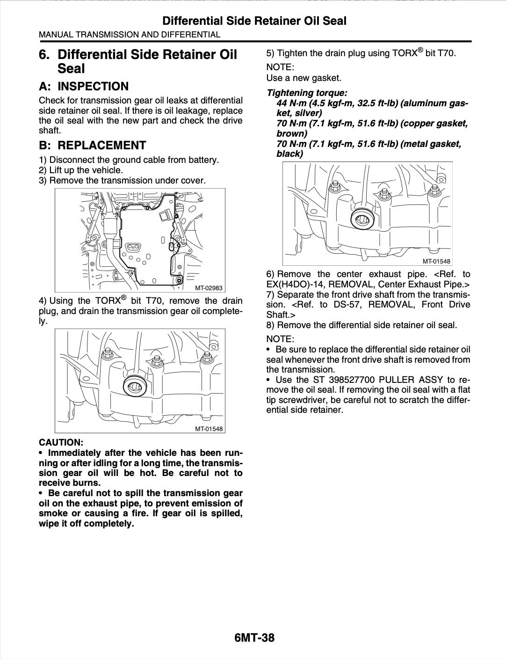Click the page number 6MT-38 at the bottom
(x=254, y=637)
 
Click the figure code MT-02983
(x=209, y=288)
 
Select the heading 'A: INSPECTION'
(x=83, y=87)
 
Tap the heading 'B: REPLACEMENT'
(x=92, y=145)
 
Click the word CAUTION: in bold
(x=61, y=442)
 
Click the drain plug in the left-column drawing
(x=137, y=385)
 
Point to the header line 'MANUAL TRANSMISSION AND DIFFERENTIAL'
(x=130, y=35)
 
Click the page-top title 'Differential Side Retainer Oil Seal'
(x=254, y=21)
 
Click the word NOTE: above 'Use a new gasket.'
(x=280, y=67)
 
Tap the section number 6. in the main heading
(x=44, y=55)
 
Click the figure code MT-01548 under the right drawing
(x=436, y=262)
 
